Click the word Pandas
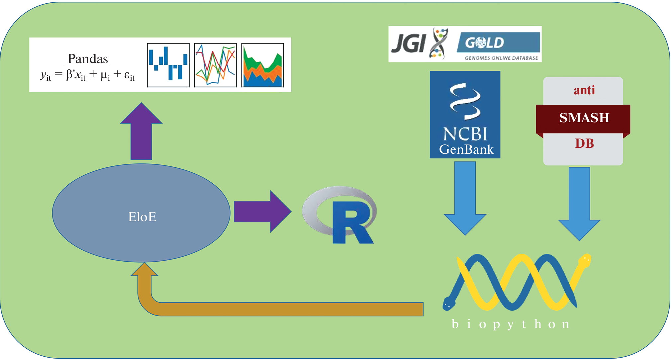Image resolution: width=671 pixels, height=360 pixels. [88, 59]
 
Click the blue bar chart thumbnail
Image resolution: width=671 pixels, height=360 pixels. [168, 65]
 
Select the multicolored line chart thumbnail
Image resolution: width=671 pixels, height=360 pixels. [215, 65]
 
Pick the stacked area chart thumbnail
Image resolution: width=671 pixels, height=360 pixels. [262, 65]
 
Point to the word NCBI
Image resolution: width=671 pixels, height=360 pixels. [465, 134]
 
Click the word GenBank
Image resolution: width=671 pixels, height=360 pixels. [466, 149]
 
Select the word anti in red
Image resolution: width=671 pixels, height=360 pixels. [584, 90]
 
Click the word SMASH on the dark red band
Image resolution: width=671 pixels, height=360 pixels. [584, 118]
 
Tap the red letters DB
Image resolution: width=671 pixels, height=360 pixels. [584, 143]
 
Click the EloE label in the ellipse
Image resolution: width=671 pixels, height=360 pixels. [142, 217]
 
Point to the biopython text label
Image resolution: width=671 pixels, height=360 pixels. [511, 324]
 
